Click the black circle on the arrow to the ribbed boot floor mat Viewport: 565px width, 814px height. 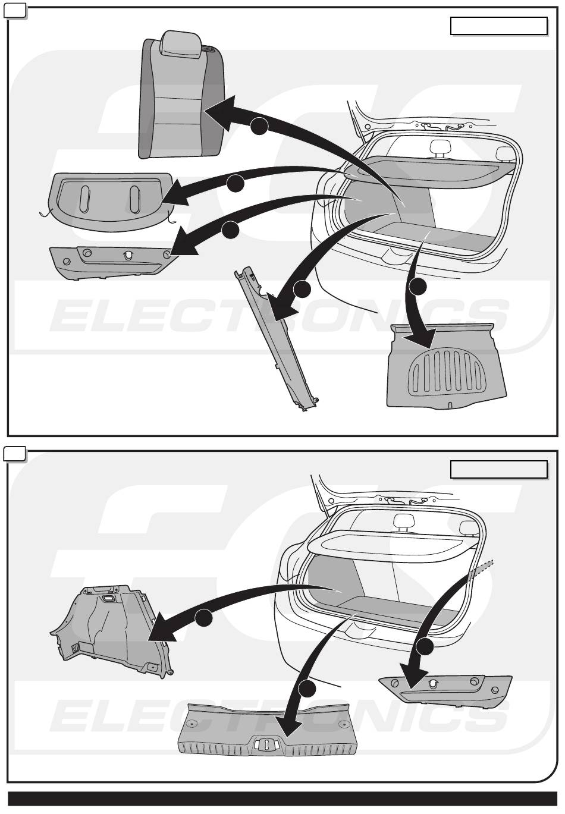(x=418, y=287)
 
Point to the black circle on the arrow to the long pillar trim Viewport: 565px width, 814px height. (x=302, y=290)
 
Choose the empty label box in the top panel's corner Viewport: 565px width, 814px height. (x=498, y=26)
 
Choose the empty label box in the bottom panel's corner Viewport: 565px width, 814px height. (x=498, y=470)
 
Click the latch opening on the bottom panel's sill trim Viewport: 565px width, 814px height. (x=266, y=743)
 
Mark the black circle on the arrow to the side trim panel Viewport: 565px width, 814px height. (x=203, y=618)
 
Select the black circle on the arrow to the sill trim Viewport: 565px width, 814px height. (x=306, y=690)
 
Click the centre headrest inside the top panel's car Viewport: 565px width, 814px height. (x=439, y=146)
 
